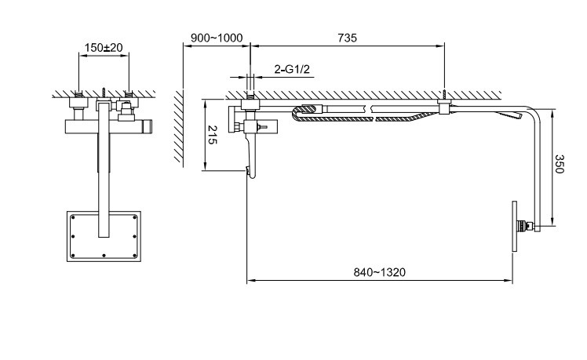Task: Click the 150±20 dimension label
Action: (104, 48)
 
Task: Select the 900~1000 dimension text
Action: (217, 38)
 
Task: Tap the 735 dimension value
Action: (348, 38)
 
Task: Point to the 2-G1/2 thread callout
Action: (292, 69)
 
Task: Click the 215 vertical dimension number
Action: (212, 135)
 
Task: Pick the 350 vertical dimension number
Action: (559, 164)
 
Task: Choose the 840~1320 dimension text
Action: (380, 272)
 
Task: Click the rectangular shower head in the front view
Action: (104, 236)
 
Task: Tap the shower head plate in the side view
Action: (515, 227)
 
